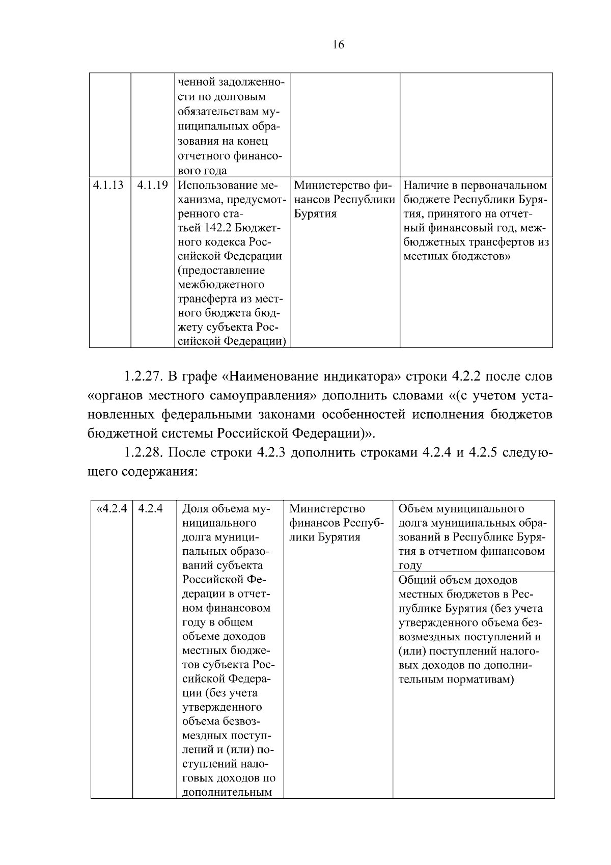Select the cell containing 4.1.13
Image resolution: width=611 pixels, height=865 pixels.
pyautogui.click(x=108, y=185)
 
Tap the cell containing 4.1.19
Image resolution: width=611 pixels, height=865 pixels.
pyautogui.click(x=152, y=185)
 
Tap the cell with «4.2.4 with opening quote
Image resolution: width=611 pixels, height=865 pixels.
pyautogui.click(x=111, y=508)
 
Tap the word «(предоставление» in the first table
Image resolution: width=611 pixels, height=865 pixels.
pyautogui.click(x=221, y=271)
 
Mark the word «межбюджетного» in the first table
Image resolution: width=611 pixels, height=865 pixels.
pyautogui.click(x=221, y=284)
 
